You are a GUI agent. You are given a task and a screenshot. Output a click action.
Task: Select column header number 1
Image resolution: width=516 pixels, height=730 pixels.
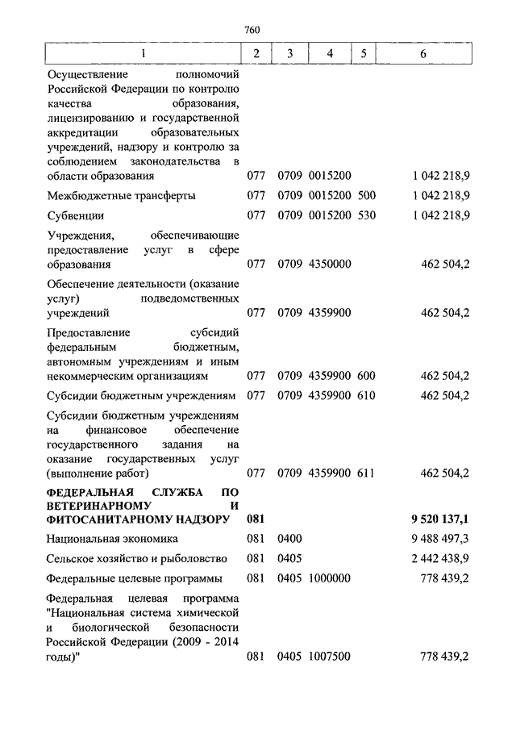click(x=144, y=54)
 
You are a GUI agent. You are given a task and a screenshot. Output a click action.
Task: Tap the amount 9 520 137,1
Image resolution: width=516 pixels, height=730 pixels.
click(x=439, y=519)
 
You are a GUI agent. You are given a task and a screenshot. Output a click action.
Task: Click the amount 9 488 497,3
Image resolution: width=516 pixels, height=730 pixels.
click(x=439, y=539)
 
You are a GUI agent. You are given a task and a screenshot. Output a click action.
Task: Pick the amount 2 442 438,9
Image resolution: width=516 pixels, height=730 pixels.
click(x=439, y=558)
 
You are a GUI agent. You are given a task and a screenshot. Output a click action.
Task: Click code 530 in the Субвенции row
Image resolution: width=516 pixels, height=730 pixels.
click(x=367, y=215)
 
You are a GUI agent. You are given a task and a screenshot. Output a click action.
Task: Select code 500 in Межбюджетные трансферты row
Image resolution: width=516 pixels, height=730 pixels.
click(x=367, y=195)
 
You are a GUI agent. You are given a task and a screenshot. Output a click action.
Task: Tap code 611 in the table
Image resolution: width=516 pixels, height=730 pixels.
click(x=367, y=473)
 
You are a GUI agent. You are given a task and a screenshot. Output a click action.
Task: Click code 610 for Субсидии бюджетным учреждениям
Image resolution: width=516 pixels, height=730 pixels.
click(x=367, y=395)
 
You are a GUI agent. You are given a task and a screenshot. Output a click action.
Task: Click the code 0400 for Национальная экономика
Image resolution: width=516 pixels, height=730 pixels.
click(x=289, y=539)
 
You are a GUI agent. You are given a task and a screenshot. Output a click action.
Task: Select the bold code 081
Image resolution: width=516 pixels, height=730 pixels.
click(x=256, y=519)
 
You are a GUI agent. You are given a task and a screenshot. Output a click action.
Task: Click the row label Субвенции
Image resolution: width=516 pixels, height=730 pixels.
click(x=75, y=215)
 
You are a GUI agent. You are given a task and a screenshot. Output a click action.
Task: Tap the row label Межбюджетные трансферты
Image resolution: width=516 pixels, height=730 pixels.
click(x=121, y=195)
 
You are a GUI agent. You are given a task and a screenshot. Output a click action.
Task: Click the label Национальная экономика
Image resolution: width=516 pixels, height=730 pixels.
click(x=112, y=539)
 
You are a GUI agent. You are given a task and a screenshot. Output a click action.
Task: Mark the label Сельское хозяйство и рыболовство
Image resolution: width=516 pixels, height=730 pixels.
click(x=136, y=558)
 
